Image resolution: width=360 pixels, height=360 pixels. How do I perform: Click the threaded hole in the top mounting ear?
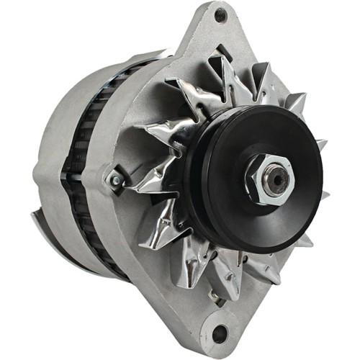coord(220,15)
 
